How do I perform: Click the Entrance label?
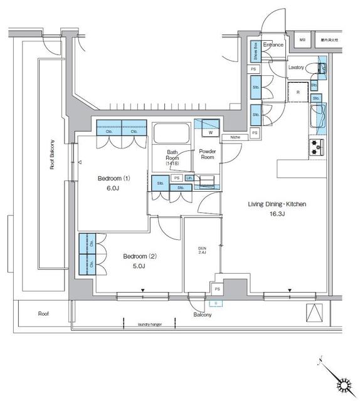point(273,45)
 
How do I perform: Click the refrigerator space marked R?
point(298,92)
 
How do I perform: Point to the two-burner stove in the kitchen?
point(315,147)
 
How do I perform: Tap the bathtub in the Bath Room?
point(172,133)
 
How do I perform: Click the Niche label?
point(235,137)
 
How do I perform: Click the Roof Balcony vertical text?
point(52,155)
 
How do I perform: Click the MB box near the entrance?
point(302,39)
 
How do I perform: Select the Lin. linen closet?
point(188,179)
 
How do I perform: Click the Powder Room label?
point(207,154)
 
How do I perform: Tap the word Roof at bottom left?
point(43,313)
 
